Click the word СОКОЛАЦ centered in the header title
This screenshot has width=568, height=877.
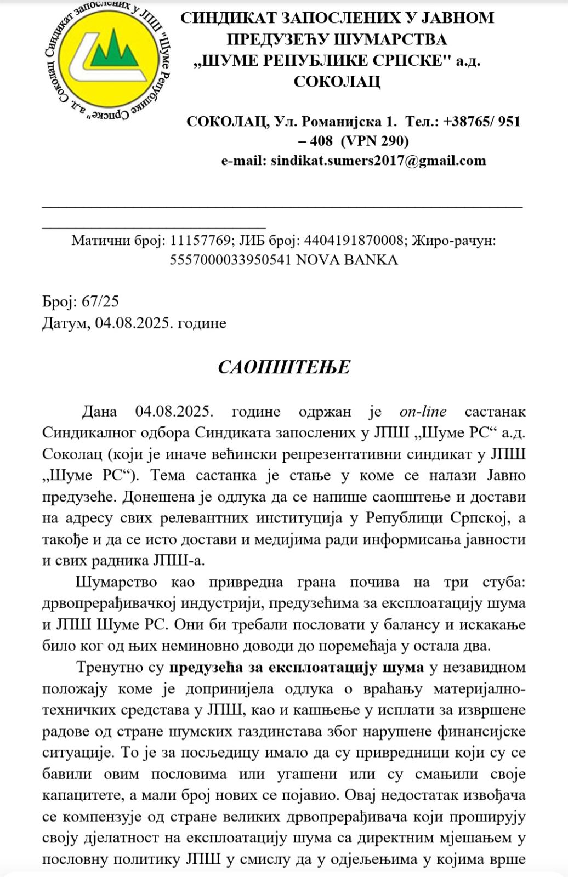(337, 82)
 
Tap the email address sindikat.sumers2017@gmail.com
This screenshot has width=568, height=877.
(378, 161)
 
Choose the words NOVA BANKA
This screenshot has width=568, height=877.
(347, 260)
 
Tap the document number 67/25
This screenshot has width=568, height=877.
(100, 302)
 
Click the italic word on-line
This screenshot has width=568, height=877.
(423, 412)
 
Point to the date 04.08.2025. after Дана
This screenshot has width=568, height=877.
(173, 412)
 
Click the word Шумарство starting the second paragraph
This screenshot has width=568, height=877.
(117, 583)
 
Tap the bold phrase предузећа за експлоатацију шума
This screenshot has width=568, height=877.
(297, 668)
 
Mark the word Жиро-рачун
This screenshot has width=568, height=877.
(454, 241)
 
